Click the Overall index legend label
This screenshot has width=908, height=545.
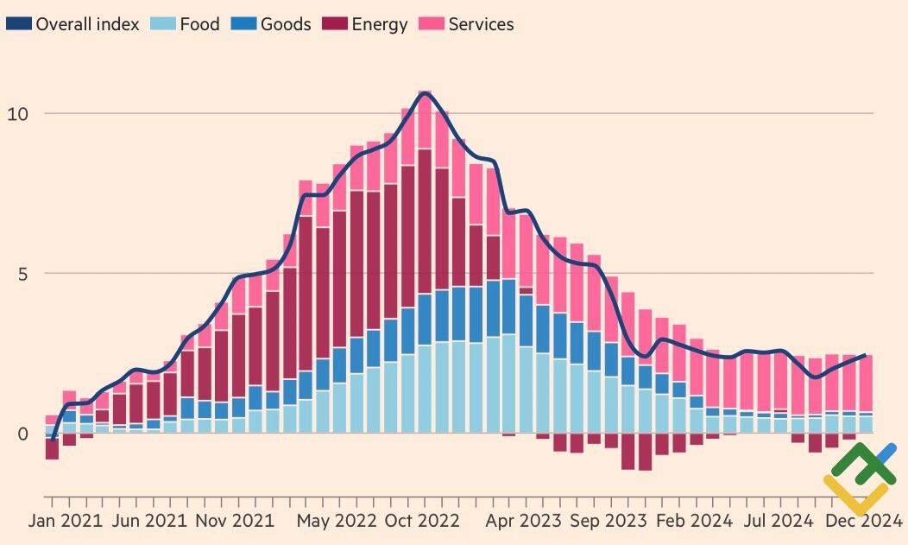87,24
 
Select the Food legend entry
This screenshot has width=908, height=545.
199,24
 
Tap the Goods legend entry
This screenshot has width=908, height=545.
286,24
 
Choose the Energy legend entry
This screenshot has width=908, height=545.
379,24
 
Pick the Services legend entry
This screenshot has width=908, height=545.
481,24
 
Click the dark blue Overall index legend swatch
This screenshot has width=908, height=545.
18,24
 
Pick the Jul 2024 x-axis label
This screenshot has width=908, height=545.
779,521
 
